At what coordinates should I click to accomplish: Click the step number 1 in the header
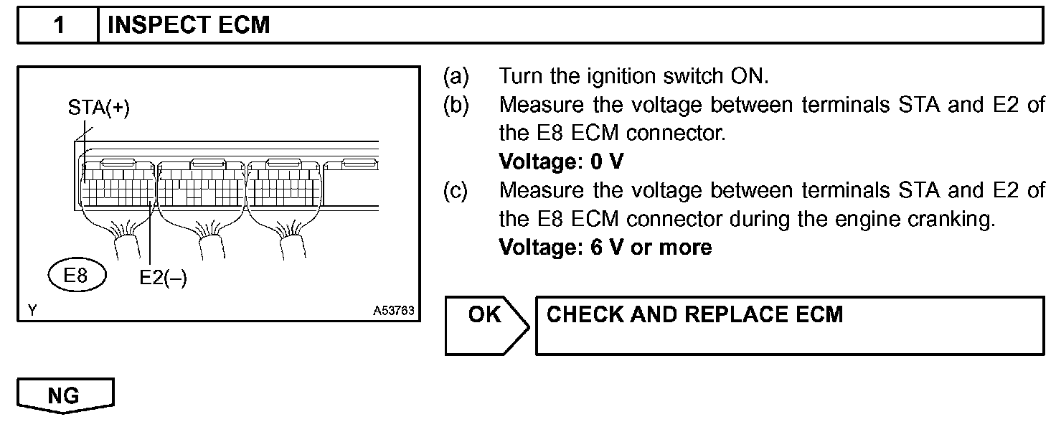point(59,26)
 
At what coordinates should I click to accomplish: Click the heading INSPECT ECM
point(189,26)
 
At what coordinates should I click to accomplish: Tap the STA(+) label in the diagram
point(99,109)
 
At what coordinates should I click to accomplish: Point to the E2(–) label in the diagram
point(163,278)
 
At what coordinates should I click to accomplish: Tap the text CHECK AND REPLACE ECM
point(694,314)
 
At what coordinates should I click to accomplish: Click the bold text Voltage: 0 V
point(561,162)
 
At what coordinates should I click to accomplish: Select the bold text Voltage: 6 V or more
point(605,248)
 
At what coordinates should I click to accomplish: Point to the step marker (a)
point(456,76)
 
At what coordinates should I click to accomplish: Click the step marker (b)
point(456,105)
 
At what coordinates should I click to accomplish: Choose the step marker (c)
point(456,191)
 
